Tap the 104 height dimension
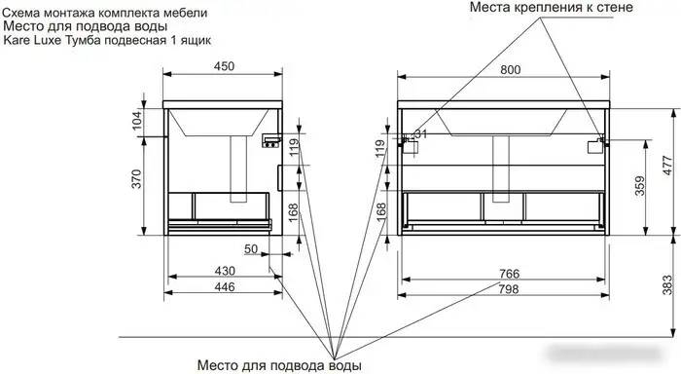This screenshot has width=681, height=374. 136,120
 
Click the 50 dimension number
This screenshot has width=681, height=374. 251,250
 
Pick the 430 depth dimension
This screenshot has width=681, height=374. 223,270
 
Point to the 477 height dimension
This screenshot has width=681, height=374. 669,166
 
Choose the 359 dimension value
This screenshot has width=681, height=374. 638,185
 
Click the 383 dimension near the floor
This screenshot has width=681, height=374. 669,283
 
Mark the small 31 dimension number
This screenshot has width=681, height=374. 421,133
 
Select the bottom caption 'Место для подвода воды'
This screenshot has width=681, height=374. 280,365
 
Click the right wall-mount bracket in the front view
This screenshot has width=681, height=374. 592,145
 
